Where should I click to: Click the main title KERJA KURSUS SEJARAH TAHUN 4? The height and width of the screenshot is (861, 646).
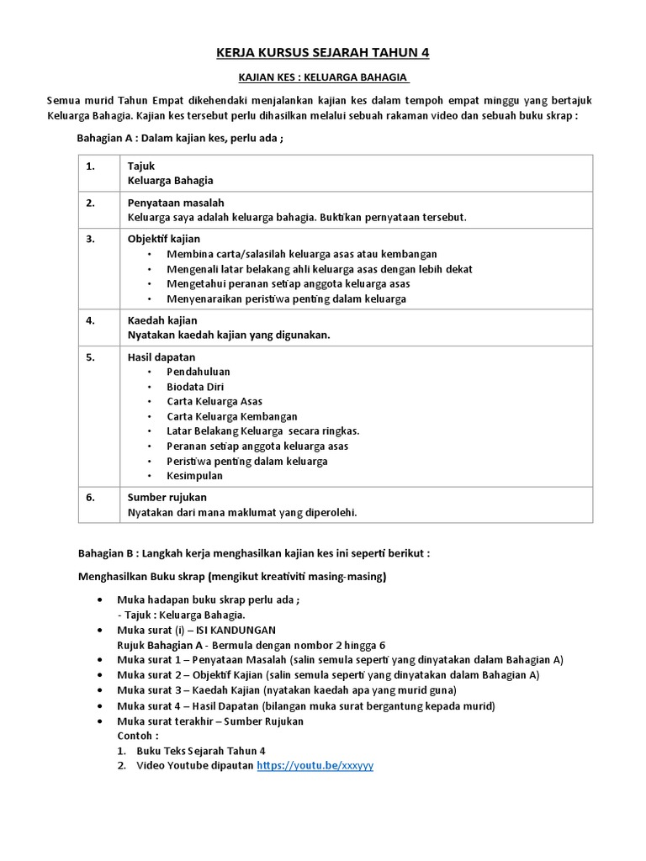(x=323, y=53)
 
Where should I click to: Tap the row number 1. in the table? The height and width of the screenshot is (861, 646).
(x=90, y=166)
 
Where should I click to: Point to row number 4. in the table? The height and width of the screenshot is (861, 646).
(x=90, y=320)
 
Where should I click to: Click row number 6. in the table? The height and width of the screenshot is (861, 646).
(x=90, y=497)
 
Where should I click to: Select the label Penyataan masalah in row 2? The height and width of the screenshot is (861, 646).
(x=175, y=203)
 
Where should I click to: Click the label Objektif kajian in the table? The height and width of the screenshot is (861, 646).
(x=163, y=239)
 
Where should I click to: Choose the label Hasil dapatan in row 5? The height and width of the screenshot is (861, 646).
(x=161, y=357)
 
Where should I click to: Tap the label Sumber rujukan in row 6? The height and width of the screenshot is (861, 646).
(x=167, y=497)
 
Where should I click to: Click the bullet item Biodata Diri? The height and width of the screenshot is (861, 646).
(x=195, y=387)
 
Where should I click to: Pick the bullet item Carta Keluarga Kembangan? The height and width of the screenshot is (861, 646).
(x=232, y=416)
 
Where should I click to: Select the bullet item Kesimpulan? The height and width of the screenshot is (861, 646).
(x=193, y=475)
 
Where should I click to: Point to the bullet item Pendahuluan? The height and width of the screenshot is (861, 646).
(x=199, y=372)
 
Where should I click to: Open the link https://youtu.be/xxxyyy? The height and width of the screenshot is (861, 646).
(x=315, y=766)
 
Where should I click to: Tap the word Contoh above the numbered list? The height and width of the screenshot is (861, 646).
(x=137, y=736)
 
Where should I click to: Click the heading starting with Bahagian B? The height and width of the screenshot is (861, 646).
(x=254, y=553)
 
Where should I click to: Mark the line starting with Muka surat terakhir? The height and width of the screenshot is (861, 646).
(x=210, y=721)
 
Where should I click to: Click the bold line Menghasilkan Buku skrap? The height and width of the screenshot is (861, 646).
(x=232, y=577)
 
